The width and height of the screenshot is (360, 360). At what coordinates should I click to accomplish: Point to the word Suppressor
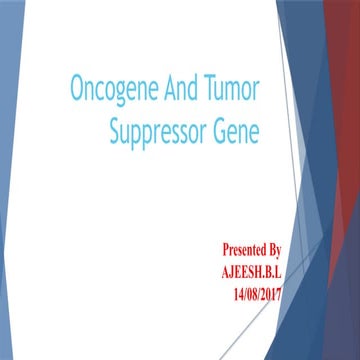coord(160,131)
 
